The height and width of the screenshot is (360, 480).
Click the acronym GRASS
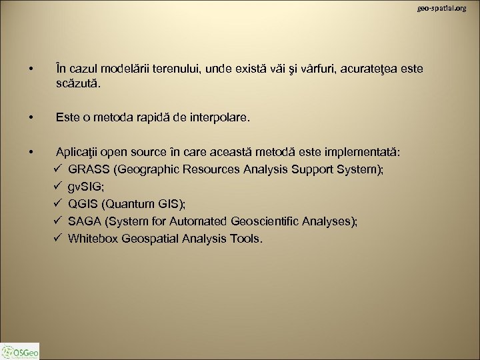(89, 170)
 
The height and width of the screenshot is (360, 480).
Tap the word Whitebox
(93, 239)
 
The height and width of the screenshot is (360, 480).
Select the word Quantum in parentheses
(129, 205)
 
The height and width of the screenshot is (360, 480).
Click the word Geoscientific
(265, 221)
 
